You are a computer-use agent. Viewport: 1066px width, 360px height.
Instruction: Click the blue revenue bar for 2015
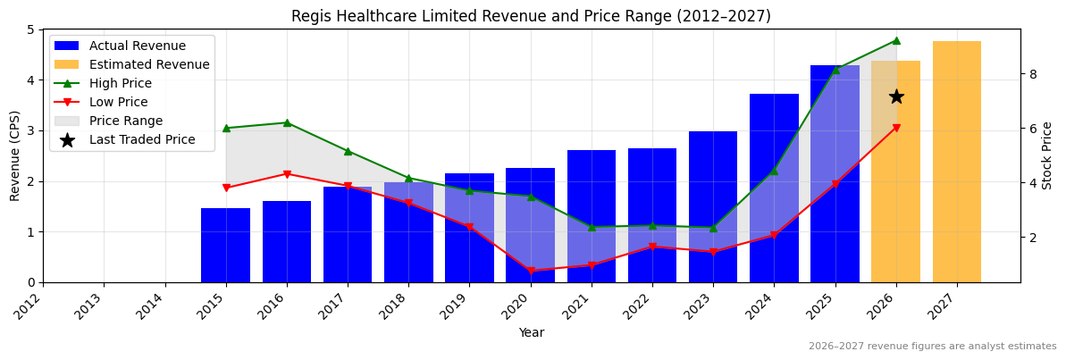pyautogui.click(x=225, y=246)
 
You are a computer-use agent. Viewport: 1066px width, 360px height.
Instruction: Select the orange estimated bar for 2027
pyautogui.click(x=956, y=162)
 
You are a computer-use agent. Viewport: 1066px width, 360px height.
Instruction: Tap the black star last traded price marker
pyautogui.click(x=896, y=96)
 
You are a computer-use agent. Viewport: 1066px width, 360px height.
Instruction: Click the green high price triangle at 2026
pyautogui.click(x=896, y=40)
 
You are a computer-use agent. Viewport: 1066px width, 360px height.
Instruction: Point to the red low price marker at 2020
pyautogui.click(x=531, y=271)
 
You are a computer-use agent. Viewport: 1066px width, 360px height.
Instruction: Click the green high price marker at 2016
pyautogui.click(x=287, y=122)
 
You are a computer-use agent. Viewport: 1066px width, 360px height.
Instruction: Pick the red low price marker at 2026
pyautogui.click(x=896, y=128)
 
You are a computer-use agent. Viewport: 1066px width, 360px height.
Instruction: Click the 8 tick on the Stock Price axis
pyautogui.click(x=1032, y=74)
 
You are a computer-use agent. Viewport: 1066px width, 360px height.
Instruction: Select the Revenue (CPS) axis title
pyautogui.click(x=15, y=155)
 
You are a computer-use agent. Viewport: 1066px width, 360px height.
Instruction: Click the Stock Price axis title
pyautogui.click(x=1047, y=155)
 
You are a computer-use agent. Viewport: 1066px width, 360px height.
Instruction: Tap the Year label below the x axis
pyautogui.click(x=531, y=332)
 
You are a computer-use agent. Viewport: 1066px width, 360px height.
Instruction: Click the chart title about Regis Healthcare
pyautogui.click(x=531, y=16)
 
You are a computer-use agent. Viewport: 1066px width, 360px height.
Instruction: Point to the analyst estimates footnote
pyautogui.click(x=932, y=347)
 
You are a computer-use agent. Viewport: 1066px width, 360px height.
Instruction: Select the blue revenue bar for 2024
pyautogui.click(x=774, y=188)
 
